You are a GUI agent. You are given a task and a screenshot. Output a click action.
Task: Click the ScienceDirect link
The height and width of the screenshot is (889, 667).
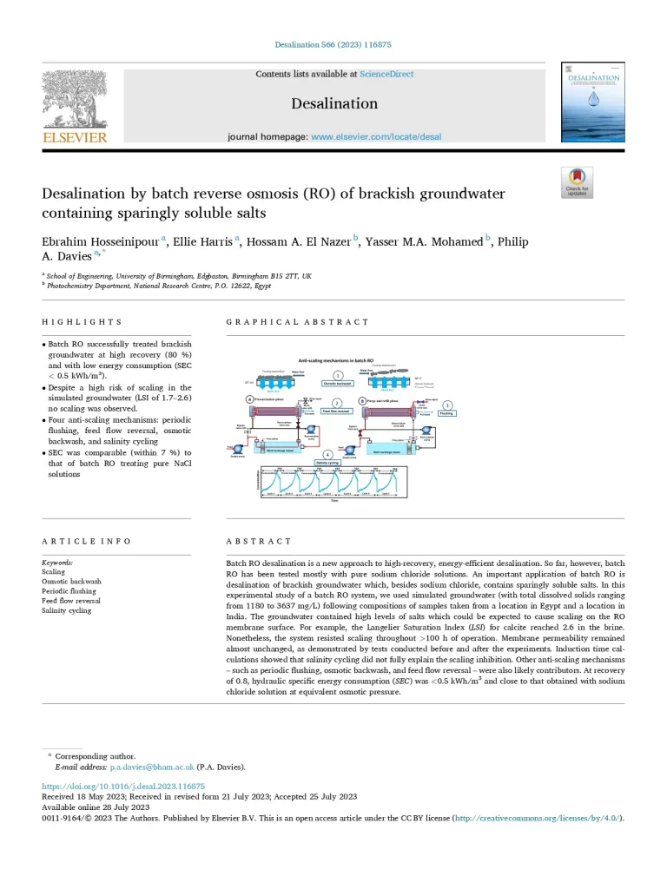386,75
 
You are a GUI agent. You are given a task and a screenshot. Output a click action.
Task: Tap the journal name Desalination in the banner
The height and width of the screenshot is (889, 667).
334,104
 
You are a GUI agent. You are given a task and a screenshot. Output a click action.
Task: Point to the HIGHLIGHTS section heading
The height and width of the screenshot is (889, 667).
83,322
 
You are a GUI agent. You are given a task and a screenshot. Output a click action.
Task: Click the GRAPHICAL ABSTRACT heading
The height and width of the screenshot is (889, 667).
297,322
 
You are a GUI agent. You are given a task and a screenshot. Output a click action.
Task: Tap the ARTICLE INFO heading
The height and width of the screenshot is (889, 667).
87,542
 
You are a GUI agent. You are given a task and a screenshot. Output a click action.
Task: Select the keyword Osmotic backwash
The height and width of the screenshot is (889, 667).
71,582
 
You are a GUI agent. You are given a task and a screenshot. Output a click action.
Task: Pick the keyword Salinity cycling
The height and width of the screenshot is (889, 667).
67,610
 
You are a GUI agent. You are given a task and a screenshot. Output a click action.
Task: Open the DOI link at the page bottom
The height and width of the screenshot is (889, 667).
123,786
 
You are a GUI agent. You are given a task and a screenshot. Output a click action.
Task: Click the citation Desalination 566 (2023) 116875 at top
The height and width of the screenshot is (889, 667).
333,43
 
